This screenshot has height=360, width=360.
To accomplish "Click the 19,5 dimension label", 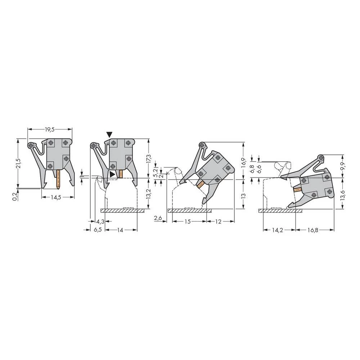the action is pyautogui.click(x=49, y=130).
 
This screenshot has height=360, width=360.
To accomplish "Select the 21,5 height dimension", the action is pyautogui.click(x=19, y=163).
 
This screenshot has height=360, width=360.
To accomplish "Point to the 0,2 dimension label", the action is pyautogui.click(x=15, y=197).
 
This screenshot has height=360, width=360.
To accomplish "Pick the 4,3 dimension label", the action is pyautogui.click(x=100, y=221).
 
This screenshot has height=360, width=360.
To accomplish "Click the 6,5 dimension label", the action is pyautogui.click(x=98, y=230).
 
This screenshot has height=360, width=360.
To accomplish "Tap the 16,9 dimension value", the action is pyautogui.click(x=244, y=162).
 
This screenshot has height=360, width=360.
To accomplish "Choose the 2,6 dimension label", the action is pyautogui.click(x=158, y=218).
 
